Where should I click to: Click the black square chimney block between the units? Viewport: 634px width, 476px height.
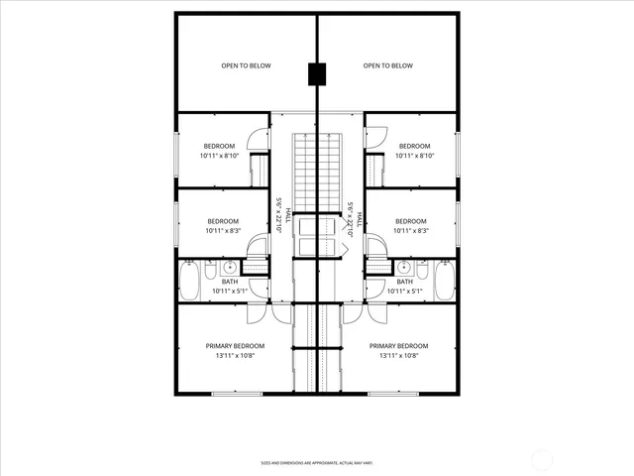click(x=316, y=74)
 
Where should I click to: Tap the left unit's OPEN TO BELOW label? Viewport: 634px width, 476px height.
click(x=246, y=66)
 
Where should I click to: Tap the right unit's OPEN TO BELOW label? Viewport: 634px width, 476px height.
click(x=387, y=66)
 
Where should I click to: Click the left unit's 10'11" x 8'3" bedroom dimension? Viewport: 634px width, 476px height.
click(x=223, y=230)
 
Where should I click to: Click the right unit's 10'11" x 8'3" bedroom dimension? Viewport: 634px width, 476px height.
click(x=410, y=230)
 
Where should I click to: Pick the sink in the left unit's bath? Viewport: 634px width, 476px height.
click(x=230, y=267)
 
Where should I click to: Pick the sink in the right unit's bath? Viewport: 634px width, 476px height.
click(x=403, y=267)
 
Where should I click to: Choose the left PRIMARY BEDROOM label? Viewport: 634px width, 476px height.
click(x=235, y=346)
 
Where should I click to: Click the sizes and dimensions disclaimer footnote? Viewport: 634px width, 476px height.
click(x=317, y=462)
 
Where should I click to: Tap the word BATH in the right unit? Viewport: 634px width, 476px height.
click(x=405, y=282)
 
